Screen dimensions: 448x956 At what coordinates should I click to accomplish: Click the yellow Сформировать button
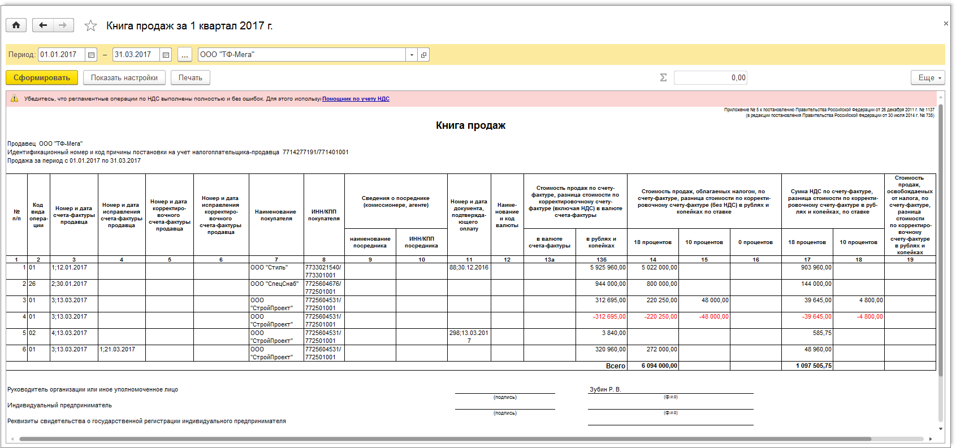[42, 78]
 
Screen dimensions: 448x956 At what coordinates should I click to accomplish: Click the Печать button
[190, 78]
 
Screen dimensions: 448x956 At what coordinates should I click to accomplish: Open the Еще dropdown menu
[928, 78]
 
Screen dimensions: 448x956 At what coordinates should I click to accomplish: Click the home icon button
[16, 25]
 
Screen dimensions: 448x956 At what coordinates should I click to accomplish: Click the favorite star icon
[90, 26]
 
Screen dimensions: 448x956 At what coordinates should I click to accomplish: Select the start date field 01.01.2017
[61, 55]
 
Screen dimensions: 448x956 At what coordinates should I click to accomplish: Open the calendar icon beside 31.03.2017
[166, 55]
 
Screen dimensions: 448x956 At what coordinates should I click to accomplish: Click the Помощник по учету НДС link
[356, 99]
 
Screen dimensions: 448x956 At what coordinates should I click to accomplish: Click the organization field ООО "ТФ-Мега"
[302, 55]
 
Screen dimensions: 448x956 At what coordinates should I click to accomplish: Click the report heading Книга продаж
[470, 125]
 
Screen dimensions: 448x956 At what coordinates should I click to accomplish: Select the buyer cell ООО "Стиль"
[269, 268]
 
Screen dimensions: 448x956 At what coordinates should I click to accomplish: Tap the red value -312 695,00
[609, 317]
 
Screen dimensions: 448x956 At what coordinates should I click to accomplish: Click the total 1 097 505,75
[814, 366]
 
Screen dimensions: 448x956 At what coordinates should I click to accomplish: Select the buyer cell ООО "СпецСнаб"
[274, 284]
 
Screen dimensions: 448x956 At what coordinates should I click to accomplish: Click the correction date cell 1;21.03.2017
[118, 350]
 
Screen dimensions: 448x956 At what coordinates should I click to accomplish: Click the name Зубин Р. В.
[605, 389]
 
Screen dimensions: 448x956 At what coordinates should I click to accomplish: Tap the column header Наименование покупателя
[276, 215]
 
